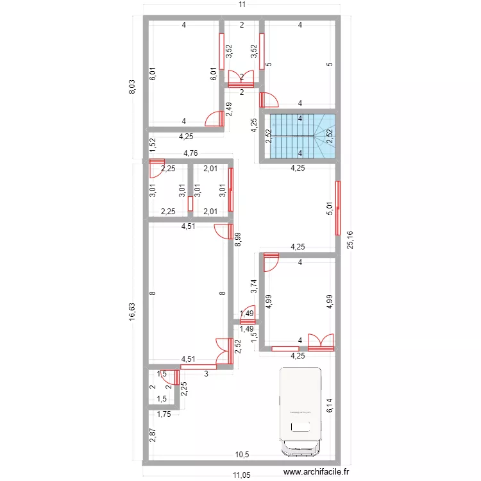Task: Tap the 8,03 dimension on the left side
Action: [131, 88]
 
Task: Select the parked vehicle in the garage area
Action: [300, 410]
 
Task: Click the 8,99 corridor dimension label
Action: [238, 239]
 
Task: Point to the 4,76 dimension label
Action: [190, 153]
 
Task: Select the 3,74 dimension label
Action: [255, 287]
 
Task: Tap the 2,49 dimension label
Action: [229, 109]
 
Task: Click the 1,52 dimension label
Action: [153, 145]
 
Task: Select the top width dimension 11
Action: [241, 5]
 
